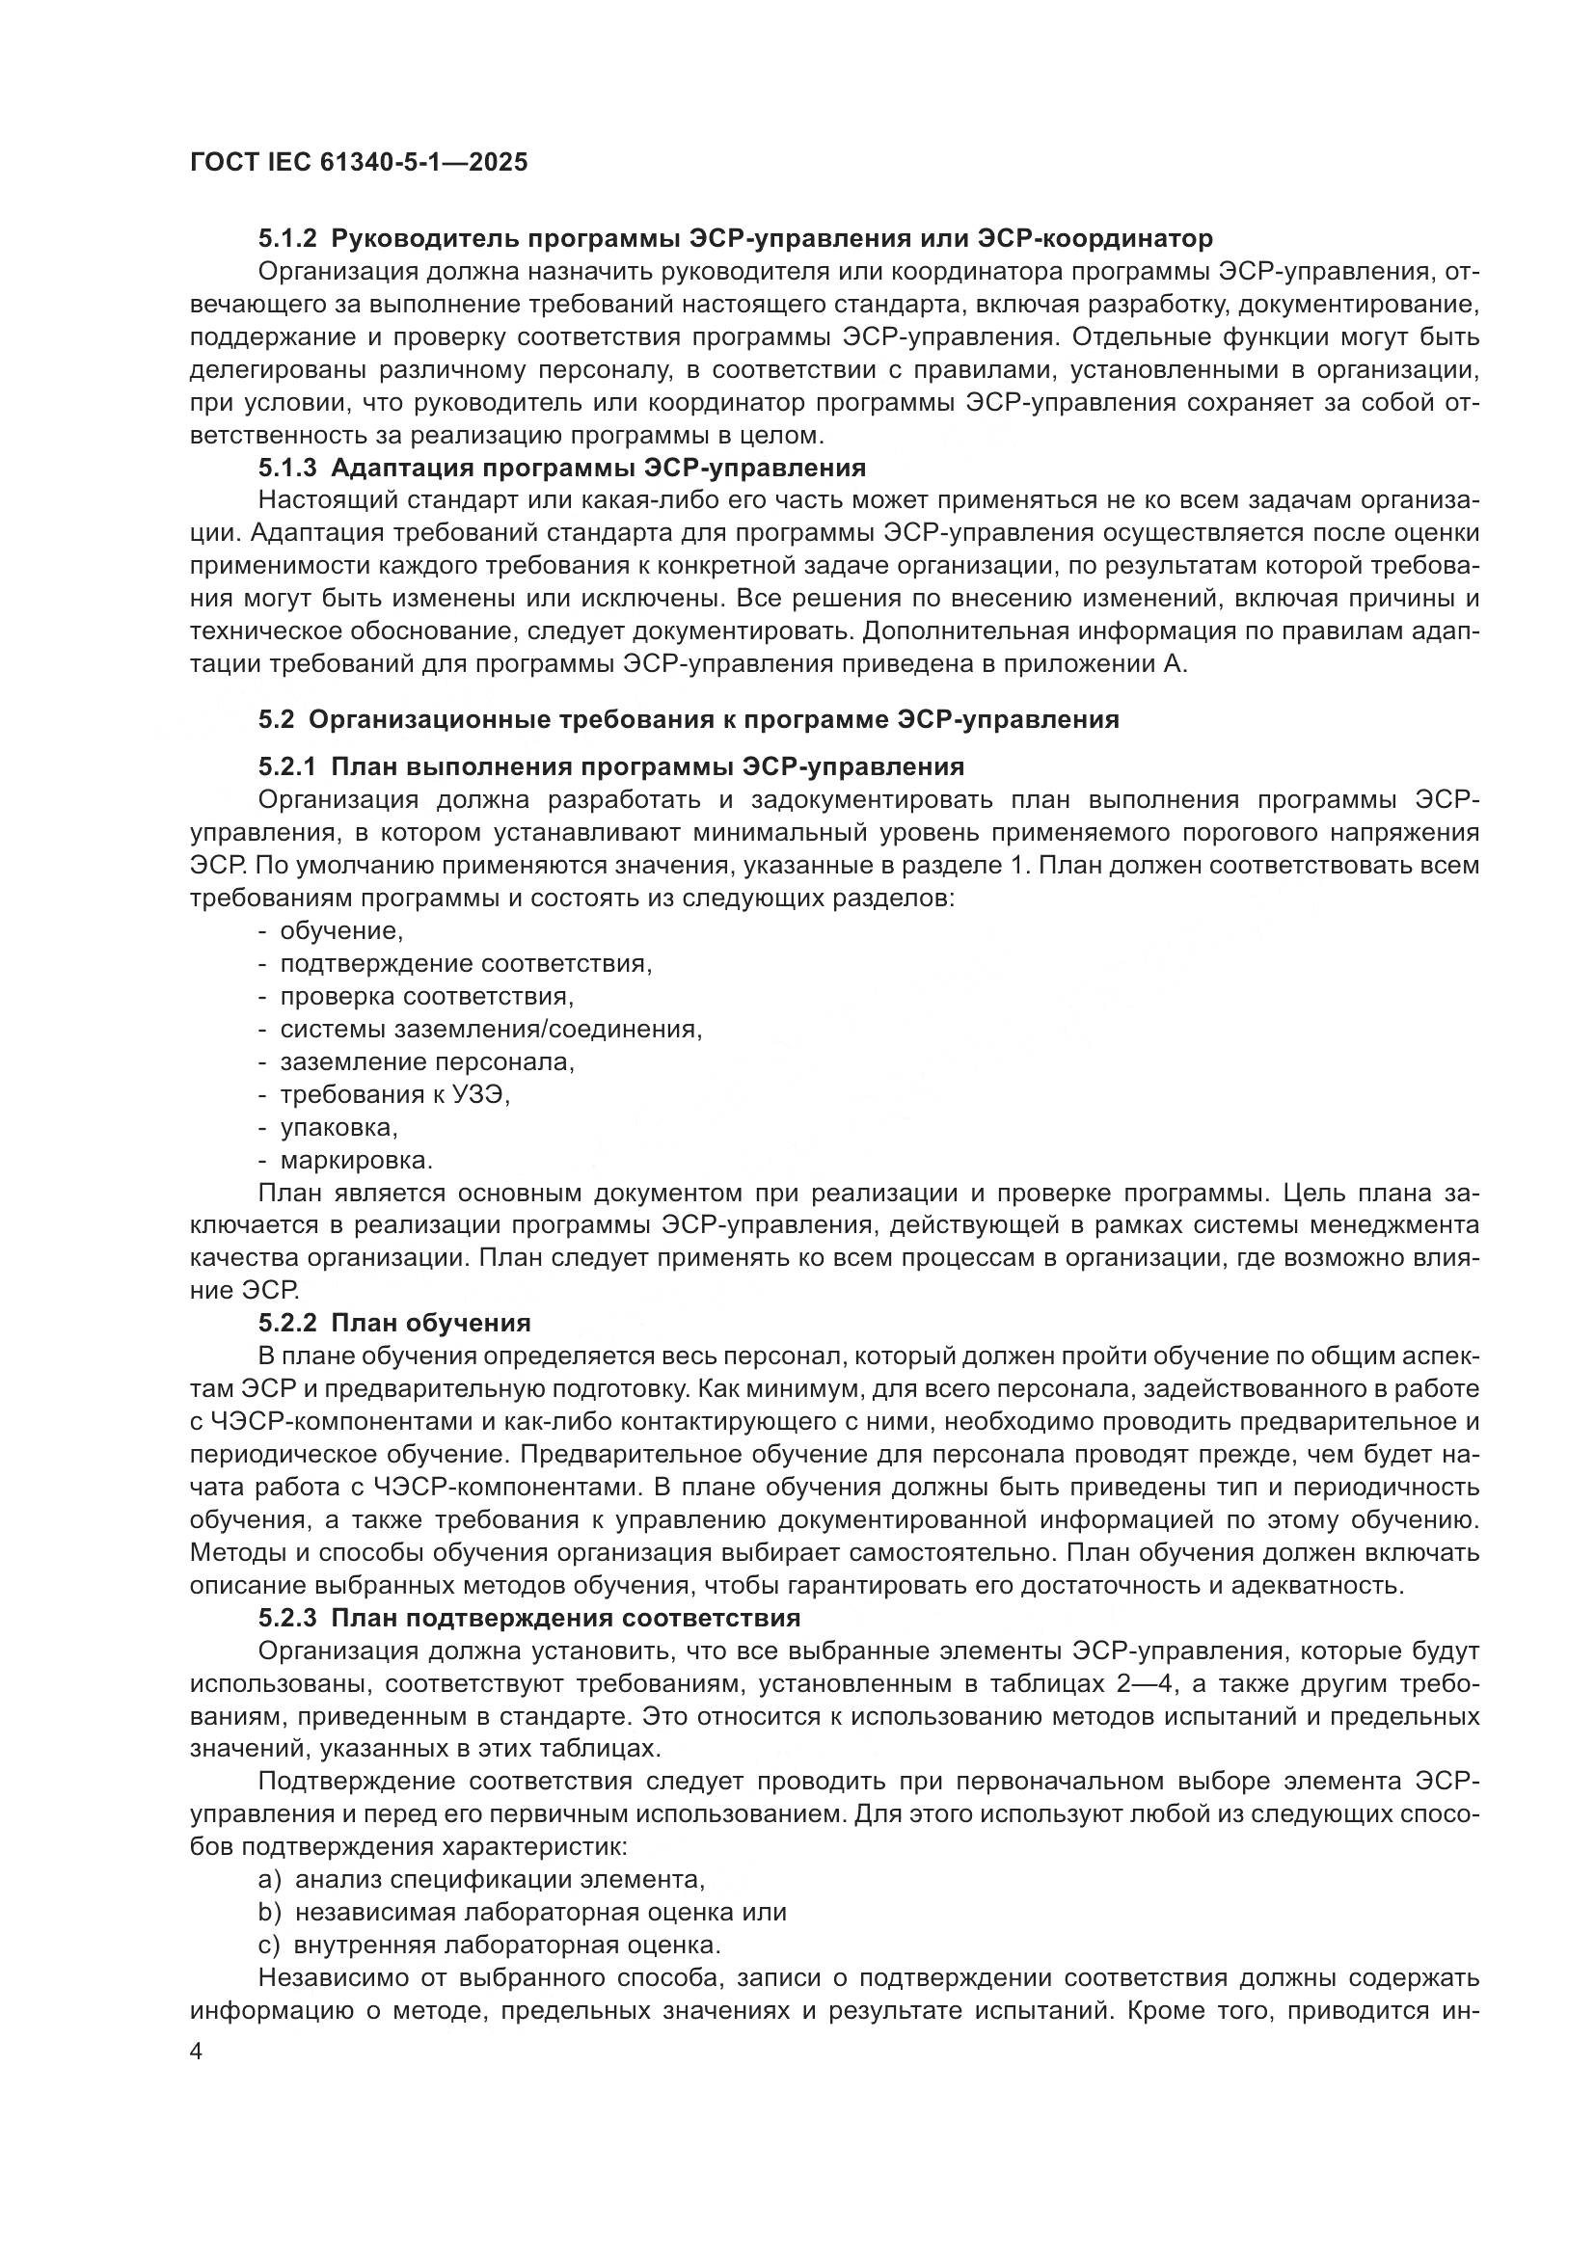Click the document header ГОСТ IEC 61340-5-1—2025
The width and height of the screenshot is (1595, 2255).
[x=359, y=162]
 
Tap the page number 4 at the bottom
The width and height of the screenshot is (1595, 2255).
[x=197, y=2052]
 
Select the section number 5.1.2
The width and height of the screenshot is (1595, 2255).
[x=286, y=239]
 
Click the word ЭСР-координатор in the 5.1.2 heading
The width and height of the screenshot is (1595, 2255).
[x=1095, y=239]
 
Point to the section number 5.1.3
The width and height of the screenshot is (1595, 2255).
[x=286, y=468]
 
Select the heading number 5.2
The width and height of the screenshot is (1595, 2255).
[x=276, y=719]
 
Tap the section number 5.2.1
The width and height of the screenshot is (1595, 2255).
[x=286, y=766]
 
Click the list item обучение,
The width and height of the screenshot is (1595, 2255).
[x=341, y=930]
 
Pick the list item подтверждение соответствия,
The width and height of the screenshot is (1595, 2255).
[x=467, y=963]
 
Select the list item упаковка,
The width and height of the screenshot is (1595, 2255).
[x=338, y=1128]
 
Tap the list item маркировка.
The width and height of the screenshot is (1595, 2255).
[x=357, y=1161]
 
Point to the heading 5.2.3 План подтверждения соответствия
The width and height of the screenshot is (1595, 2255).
[x=529, y=1618]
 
